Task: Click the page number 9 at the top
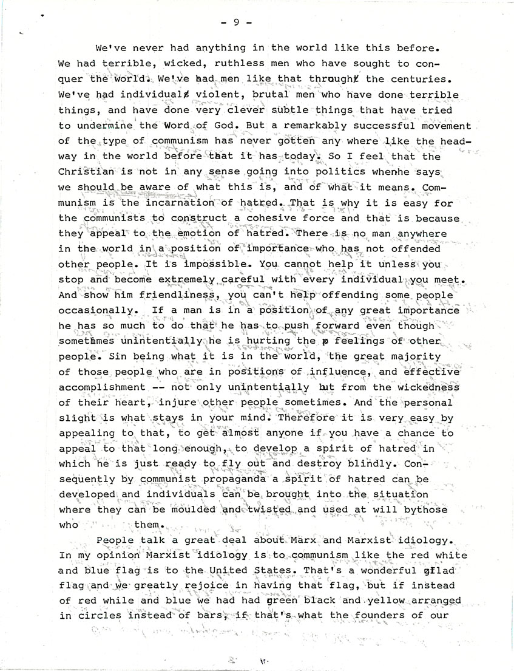click(235, 22)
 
